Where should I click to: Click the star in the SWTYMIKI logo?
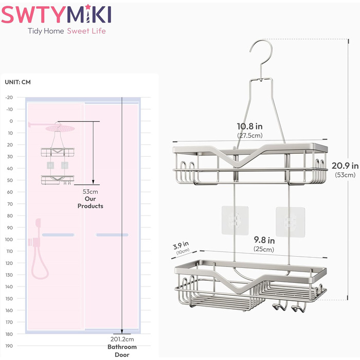(88, 6)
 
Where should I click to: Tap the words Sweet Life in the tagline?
(86, 31)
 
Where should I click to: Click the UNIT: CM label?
(17, 82)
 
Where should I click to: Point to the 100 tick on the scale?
(9, 240)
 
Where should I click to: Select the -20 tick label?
(9, 97)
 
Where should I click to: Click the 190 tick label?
(9, 346)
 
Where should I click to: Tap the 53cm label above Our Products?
(90, 191)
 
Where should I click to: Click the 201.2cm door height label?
(122, 339)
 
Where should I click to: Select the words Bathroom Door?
(122, 351)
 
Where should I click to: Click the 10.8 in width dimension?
(250, 127)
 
